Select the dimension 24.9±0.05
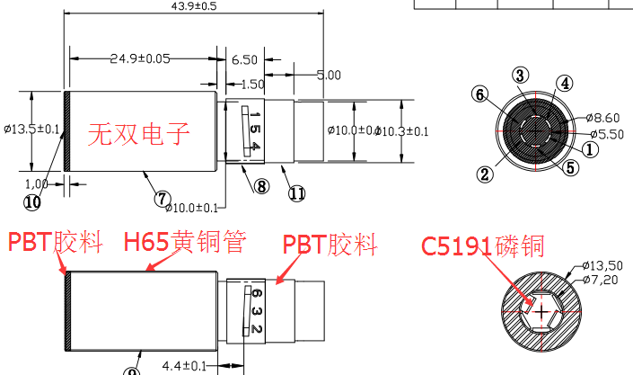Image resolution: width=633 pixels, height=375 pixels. point(141,59)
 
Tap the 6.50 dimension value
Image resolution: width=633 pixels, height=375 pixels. point(244,59)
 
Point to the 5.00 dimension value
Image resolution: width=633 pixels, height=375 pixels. point(328,75)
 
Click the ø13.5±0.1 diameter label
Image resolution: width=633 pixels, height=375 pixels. point(31,129)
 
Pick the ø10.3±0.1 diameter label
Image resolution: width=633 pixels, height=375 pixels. point(401,131)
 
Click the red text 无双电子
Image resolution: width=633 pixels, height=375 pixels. point(139,135)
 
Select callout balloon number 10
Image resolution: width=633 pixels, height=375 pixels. point(32,202)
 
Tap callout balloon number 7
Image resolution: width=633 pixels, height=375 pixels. point(163,198)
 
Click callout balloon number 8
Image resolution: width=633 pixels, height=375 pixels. point(261,187)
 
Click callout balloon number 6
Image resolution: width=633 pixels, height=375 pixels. point(481,94)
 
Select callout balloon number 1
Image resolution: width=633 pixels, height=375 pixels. point(590,149)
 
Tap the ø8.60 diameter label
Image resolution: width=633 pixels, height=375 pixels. point(604,118)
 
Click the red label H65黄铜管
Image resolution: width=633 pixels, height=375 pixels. point(184,242)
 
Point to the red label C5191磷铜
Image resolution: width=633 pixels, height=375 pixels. point(483,246)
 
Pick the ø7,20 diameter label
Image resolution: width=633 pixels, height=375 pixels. point(603,281)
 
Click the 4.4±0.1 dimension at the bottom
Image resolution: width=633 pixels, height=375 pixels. point(185,366)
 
